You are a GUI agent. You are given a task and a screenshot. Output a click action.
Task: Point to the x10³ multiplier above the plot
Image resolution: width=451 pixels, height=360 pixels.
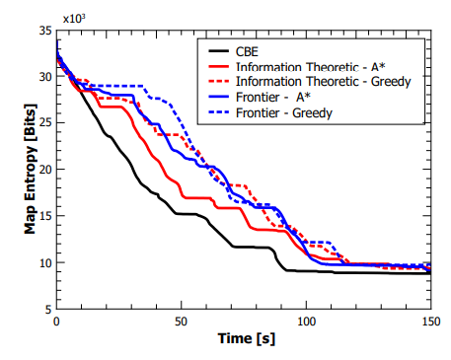click(72, 20)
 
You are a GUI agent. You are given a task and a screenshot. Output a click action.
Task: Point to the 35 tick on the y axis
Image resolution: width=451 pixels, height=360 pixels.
click(44, 32)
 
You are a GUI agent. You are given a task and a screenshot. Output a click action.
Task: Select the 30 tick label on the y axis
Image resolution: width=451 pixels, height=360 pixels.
click(44, 77)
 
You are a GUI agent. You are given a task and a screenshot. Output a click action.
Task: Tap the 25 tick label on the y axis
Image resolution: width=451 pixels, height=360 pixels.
click(44, 123)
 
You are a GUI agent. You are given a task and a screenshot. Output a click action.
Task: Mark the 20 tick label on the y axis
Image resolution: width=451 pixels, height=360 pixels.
click(44, 170)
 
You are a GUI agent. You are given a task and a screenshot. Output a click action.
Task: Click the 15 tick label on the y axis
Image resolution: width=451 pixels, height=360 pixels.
click(44, 216)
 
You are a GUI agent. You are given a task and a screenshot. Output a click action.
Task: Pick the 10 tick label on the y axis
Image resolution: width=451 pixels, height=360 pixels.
click(44, 262)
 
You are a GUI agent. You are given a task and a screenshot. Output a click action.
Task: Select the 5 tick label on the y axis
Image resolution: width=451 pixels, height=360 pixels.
click(48, 309)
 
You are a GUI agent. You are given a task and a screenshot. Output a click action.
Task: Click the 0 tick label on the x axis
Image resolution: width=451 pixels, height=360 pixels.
click(56, 323)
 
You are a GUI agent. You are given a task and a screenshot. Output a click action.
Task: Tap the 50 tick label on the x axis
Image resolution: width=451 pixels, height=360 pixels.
click(181, 323)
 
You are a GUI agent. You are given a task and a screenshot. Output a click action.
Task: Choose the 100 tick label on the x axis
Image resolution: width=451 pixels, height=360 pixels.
click(306, 323)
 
